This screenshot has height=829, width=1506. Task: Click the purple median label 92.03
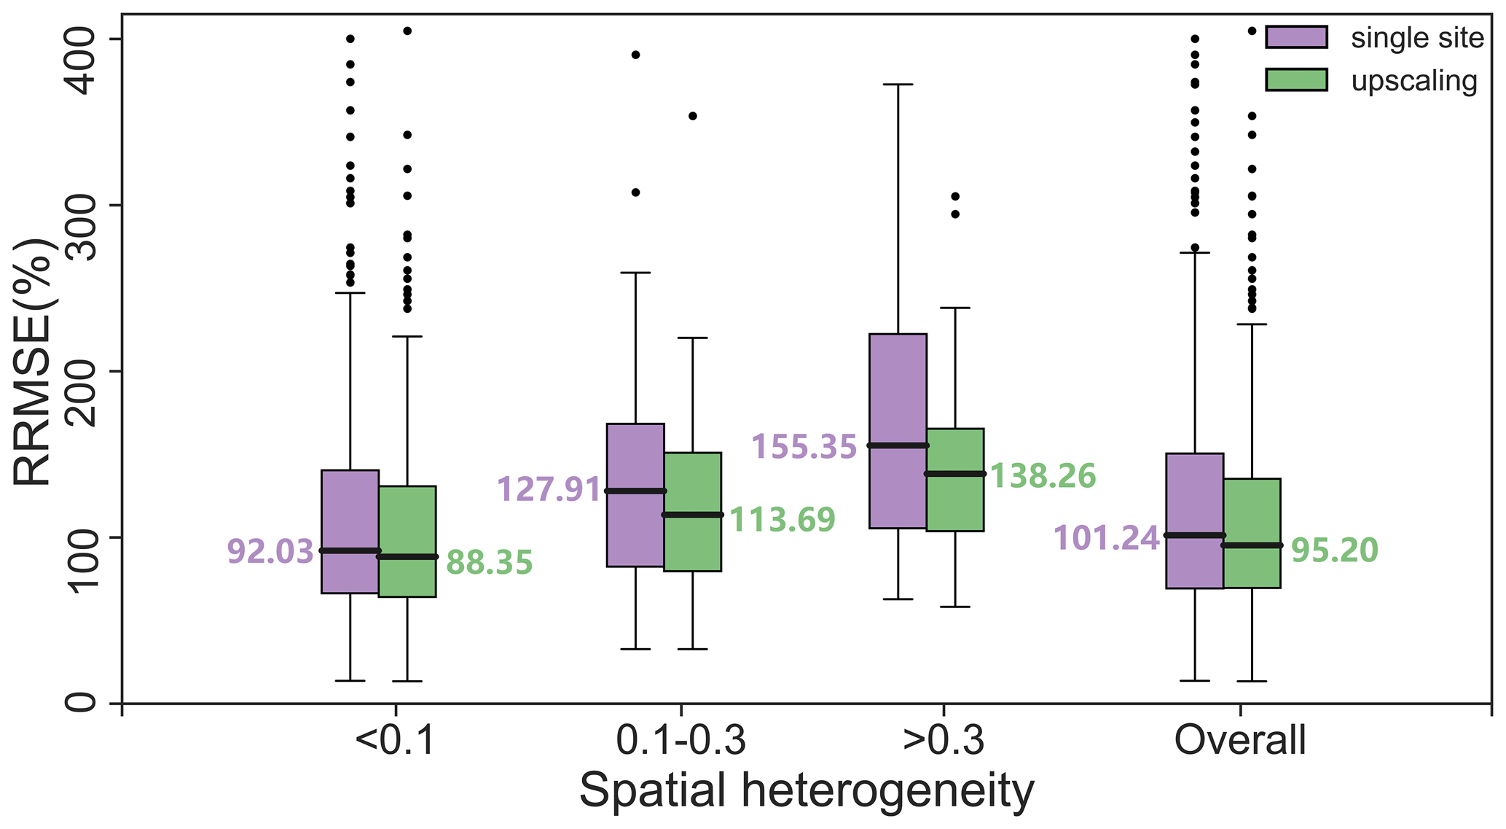pos(270,552)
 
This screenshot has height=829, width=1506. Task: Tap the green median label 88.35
pos(490,563)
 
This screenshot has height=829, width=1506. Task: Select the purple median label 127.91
pos(549,489)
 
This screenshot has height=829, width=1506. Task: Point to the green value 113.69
pos(782,520)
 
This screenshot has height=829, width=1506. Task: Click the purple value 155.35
pos(804,447)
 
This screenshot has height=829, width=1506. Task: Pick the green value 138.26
pos(1043,476)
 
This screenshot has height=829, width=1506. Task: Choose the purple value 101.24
pos(1106,539)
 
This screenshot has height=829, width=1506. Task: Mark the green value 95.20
pos(1335,550)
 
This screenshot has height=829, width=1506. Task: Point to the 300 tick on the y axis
pos(80,206)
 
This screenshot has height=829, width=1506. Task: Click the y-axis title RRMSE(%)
pos(33,361)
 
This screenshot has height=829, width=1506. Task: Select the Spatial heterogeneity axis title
pos(807,793)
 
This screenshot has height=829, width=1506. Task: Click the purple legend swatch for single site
pos(1296,37)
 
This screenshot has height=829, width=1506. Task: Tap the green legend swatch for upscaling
pos(1296,80)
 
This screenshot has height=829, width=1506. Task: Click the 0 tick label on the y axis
pos(80,703)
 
